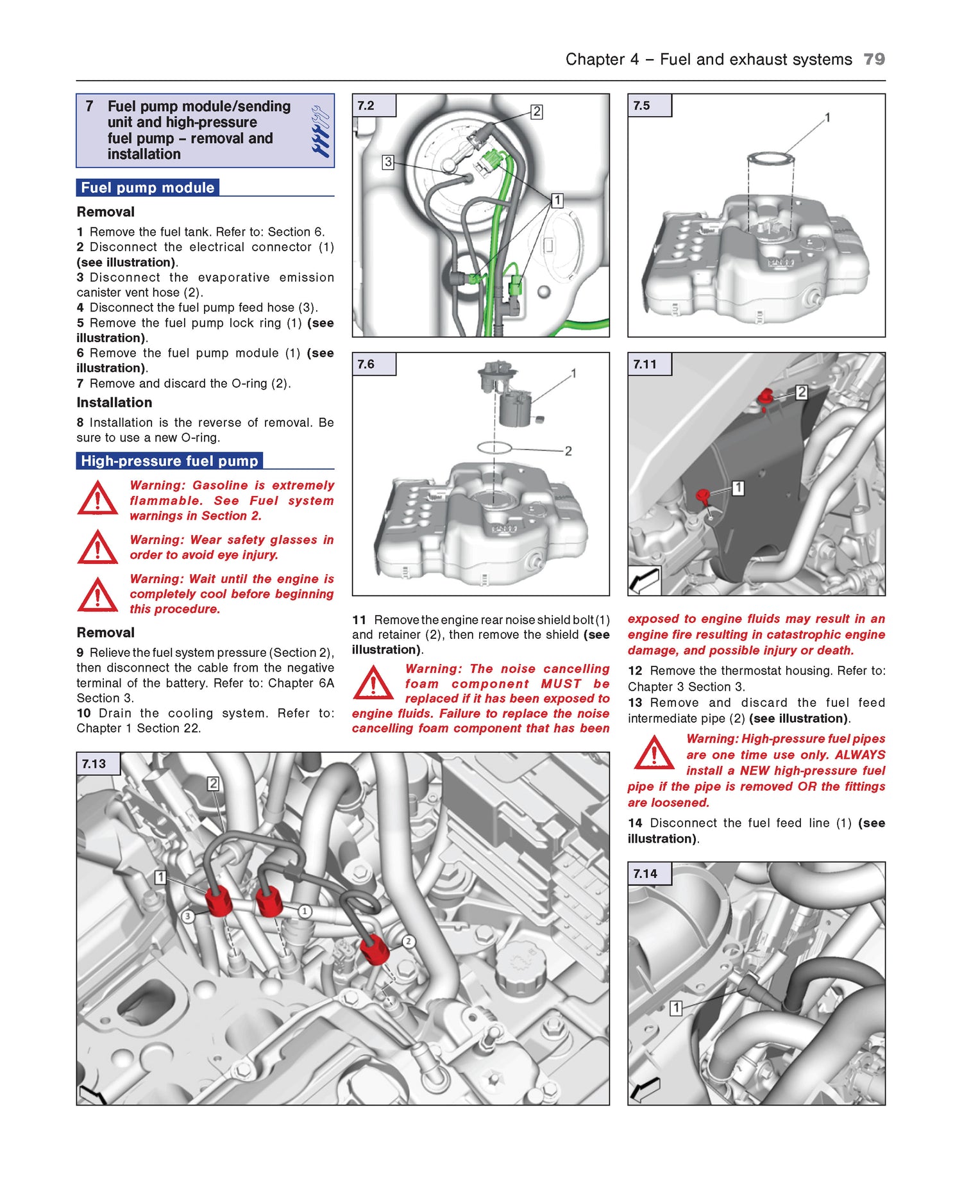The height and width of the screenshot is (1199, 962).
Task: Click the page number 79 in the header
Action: click(873, 59)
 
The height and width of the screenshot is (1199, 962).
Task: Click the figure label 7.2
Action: click(366, 106)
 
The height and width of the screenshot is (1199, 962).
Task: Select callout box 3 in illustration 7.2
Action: click(387, 162)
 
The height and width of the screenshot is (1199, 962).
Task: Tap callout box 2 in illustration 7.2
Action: click(537, 112)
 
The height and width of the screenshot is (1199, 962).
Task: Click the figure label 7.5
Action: click(641, 106)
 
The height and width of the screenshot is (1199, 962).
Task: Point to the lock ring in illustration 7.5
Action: click(770, 158)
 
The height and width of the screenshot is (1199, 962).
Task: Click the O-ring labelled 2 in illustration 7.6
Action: click(494, 447)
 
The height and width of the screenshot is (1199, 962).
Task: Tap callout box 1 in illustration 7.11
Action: click(738, 488)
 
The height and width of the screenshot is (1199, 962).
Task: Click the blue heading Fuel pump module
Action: click(148, 188)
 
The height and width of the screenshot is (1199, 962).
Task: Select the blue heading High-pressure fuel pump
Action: click(169, 461)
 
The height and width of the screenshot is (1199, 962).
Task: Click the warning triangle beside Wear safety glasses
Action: click(97, 548)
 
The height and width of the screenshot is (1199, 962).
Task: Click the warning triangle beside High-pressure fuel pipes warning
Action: click(654, 753)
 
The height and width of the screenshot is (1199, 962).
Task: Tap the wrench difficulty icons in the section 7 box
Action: click(320, 131)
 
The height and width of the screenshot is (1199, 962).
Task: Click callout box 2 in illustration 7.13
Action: click(214, 783)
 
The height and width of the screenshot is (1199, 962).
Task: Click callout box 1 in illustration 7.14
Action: click(675, 1008)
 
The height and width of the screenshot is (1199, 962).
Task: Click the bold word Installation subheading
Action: click(114, 402)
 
